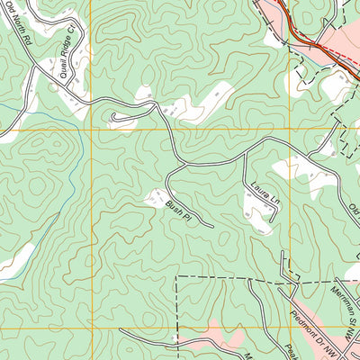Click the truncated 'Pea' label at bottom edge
click(x=292, y=349)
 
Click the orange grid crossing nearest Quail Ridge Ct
click(x=91, y=130)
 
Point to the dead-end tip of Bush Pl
click(x=211, y=225)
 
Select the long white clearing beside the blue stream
click(x=13, y=261)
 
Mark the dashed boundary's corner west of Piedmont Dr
click(x=176, y=276)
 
